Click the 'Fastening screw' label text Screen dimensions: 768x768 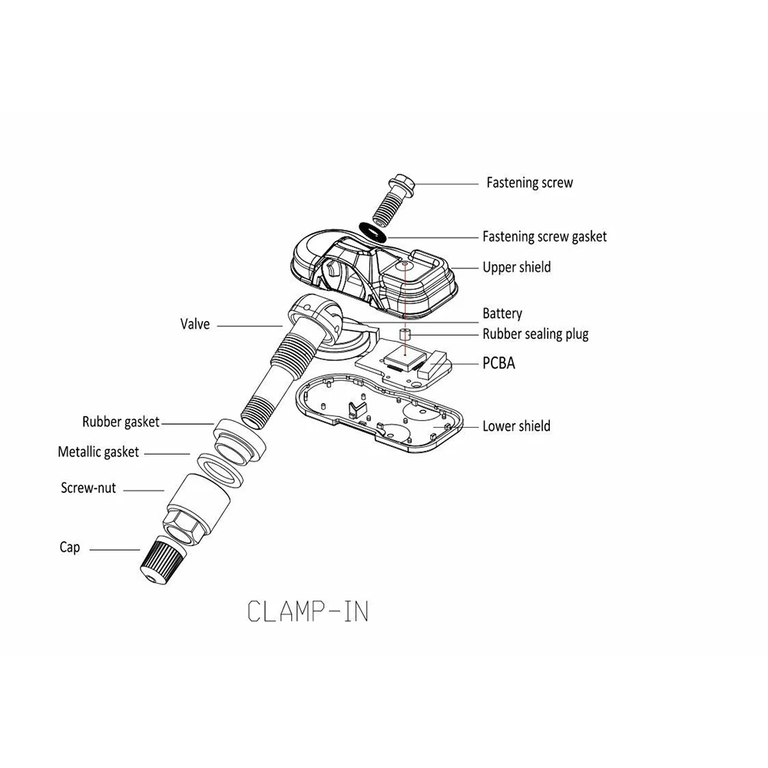[529, 183]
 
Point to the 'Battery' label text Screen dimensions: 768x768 [502, 313]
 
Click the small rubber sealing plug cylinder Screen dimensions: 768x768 [406, 335]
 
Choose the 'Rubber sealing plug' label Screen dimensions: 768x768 [535, 334]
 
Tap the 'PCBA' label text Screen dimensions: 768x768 [498, 363]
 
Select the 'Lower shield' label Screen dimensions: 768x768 [516, 425]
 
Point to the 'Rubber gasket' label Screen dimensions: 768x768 [121, 422]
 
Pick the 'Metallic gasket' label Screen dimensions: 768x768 [98, 452]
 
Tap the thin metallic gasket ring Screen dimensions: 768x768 [220, 468]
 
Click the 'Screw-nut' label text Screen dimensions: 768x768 [88, 488]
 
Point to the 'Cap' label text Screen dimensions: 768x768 [70, 548]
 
